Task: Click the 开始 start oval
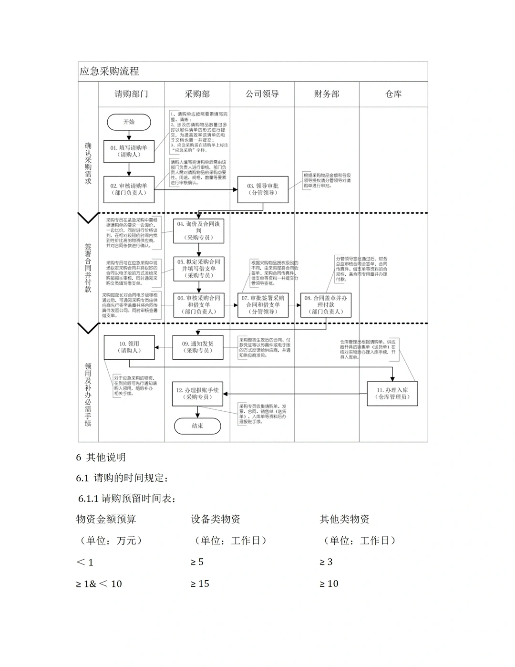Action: tap(129, 122)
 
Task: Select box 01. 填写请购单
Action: tap(129, 151)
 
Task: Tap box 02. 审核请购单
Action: tap(129, 189)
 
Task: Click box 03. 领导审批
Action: tap(263, 189)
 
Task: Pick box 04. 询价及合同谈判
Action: tap(199, 230)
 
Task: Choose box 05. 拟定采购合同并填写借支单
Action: tap(199, 269)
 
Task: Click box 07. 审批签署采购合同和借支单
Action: tap(263, 305)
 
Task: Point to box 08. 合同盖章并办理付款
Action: tap(326, 305)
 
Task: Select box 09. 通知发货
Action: tap(198, 347)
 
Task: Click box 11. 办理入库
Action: tap(392, 393)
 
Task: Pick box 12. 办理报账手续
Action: tap(197, 393)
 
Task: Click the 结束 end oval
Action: tap(197, 426)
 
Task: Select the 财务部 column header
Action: tap(326, 94)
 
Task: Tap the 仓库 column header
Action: tap(393, 94)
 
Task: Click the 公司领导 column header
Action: tap(262, 94)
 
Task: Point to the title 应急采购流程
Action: tap(110, 72)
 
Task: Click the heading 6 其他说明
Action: tap(101, 457)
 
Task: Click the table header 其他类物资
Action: tap(344, 519)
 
